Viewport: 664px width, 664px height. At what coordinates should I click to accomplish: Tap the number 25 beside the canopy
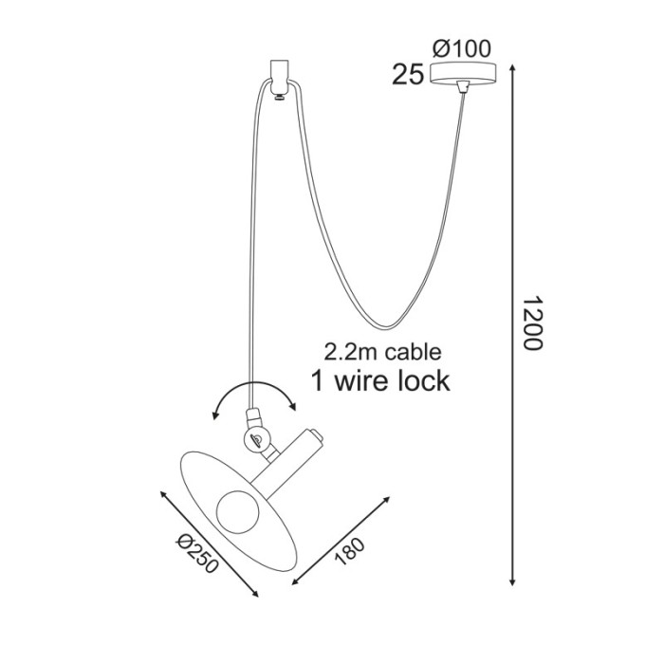click(407, 76)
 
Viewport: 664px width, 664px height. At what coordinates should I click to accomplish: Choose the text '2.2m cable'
click(382, 352)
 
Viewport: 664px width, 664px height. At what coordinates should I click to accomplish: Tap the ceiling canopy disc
click(463, 72)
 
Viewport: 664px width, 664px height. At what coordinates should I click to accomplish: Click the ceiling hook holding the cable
click(278, 76)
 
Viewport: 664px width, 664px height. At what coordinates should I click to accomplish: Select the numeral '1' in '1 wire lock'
click(320, 380)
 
